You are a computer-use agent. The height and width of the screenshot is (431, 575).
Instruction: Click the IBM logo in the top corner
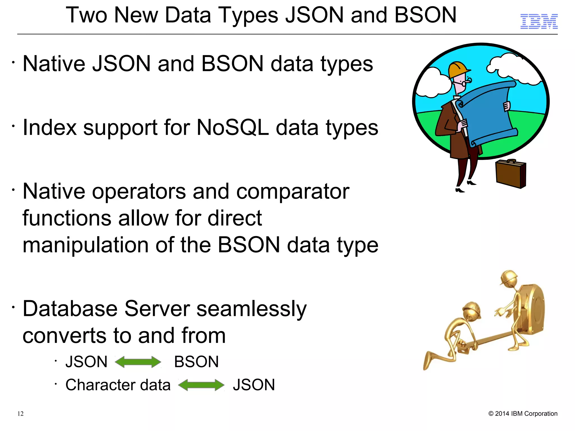(x=539, y=21)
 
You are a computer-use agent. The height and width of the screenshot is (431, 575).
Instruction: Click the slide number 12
(x=20, y=414)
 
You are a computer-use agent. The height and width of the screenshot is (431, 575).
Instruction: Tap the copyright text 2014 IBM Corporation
(x=523, y=414)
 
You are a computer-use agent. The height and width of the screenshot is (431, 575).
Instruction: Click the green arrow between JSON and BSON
(x=138, y=362)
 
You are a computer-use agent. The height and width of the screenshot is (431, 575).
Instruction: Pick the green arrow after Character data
(x=201, y=385)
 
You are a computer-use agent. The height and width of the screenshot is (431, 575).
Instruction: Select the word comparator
(x=293, y=192)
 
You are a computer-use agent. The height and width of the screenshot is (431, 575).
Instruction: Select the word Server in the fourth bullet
(x=157, y=309)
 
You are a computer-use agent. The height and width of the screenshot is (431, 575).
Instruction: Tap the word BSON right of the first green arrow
(x=196, y=362)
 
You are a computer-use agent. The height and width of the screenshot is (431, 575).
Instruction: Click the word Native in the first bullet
(x=54, y=64)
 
